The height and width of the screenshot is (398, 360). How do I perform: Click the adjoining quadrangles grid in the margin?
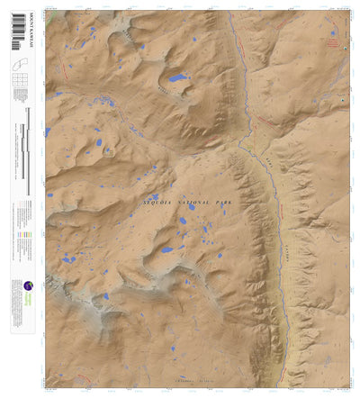pos(20,85)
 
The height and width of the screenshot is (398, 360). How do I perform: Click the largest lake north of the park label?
pos(176,79)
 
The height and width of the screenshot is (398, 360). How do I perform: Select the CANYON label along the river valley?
pos(284,243)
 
